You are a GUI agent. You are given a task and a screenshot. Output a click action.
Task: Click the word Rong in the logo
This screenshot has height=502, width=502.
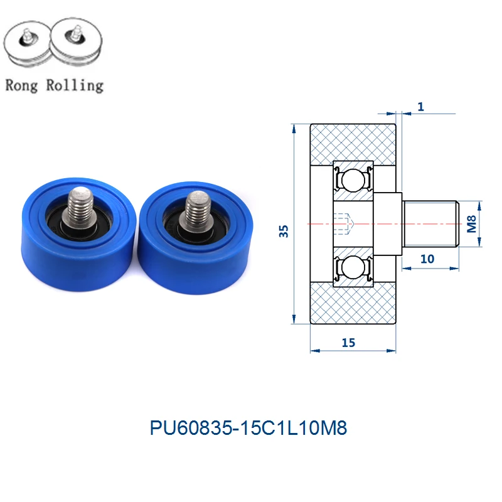21,86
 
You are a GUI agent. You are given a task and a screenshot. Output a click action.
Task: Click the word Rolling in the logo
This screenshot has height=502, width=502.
75,86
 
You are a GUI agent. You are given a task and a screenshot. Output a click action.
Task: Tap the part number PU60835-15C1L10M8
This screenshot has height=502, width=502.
248,428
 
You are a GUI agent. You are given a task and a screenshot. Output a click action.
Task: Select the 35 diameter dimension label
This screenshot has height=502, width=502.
284,231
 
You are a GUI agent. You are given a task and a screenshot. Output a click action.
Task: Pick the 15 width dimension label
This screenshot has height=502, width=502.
348,343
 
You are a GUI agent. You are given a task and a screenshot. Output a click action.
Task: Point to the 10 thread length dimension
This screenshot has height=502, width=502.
427,259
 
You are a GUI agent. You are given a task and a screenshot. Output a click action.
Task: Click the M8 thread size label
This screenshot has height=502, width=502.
471,224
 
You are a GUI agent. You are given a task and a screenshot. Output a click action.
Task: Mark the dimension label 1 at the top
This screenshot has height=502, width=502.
420,107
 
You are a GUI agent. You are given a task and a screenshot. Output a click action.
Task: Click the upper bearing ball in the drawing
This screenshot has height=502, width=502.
353,180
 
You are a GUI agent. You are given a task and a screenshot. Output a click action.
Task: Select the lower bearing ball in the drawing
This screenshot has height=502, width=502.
353,267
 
